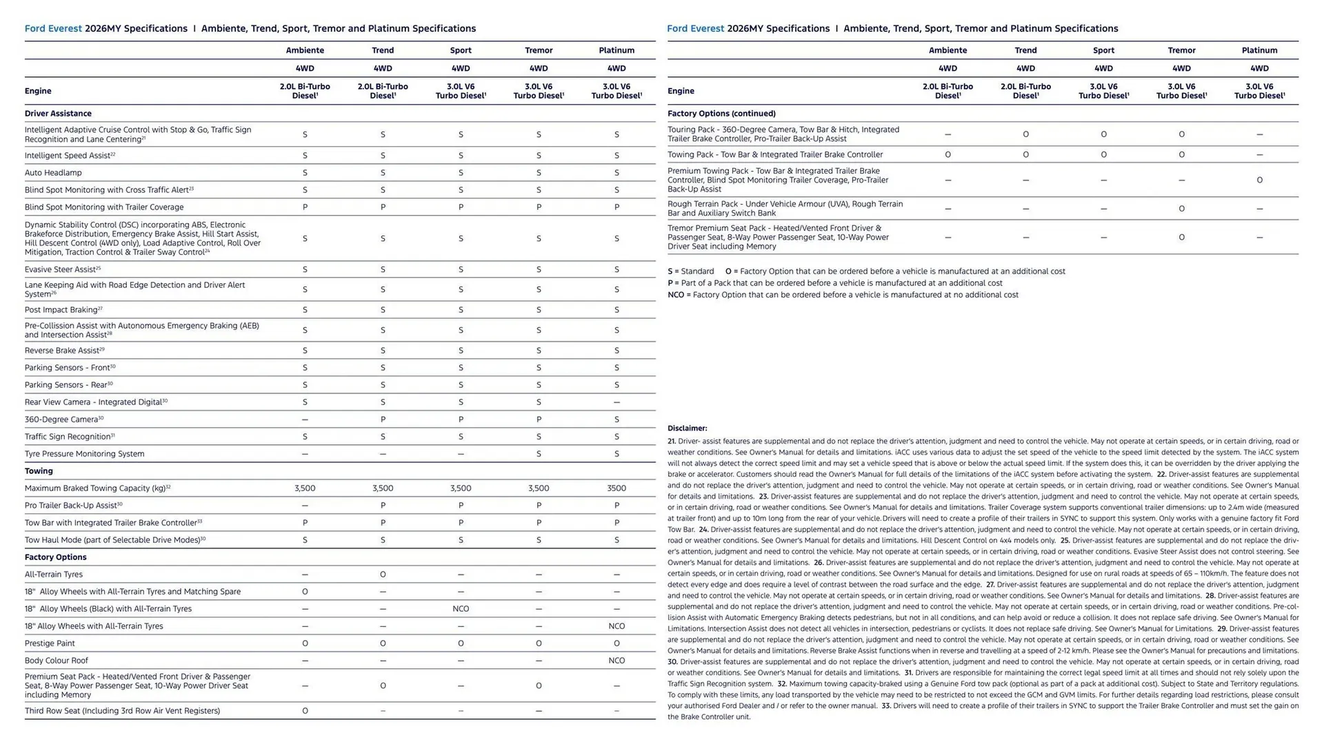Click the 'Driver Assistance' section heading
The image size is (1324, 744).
pos(58,114)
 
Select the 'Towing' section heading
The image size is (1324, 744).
pos(39,471)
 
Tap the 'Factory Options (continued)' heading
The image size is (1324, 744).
pos(721,114)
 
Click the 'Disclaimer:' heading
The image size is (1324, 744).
pos(687,428)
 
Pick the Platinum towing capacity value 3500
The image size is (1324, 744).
pos(616,488)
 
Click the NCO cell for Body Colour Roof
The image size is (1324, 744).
pos(616,661)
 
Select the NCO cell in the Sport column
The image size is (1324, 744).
pos(461,609)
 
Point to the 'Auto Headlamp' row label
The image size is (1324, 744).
pos(53,173)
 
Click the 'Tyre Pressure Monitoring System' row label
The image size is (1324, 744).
pos(84,454)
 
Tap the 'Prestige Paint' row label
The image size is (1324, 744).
pos(50,643)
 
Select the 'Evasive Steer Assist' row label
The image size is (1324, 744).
pos(61,269)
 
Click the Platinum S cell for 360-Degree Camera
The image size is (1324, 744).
pos(616,420)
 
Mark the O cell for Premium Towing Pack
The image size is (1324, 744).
pos(1259,180)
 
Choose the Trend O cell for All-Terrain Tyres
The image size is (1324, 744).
pos(383,575)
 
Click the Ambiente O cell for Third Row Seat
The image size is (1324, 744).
pos(305,711)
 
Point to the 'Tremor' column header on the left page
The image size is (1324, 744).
pos(539,50)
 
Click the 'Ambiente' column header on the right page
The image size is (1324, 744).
pos(947,50)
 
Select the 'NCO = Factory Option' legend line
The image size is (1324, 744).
pos(843,295)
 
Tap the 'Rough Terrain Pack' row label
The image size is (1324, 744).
pos(785,209)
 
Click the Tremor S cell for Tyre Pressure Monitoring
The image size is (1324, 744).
pos(539,454)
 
